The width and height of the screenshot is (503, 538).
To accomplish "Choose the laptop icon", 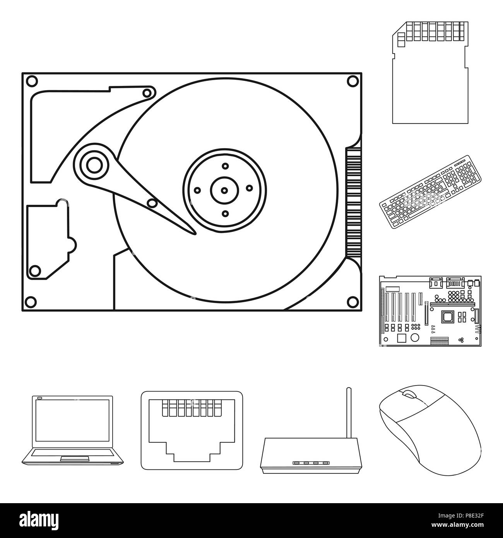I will click(x=72, y=430).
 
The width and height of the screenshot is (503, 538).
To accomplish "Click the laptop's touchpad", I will click(x=72, y=459).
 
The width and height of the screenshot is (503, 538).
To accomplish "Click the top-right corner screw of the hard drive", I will click(x=352, y=81).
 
